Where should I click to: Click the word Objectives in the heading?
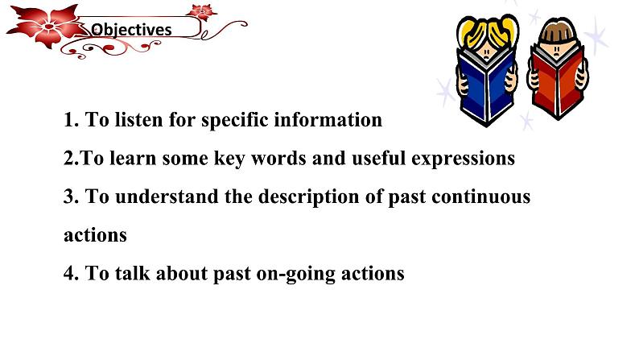pyautogui.click(x=131, y=30)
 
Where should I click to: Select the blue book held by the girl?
pyautogui.click(x=487, y=88)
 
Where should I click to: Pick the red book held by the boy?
pyautogui.click(x=557, y=81)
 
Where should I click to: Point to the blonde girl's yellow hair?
pyautogui.click(x=488, y=31)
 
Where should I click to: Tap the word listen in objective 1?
pyautogui.click(x=138, y=120)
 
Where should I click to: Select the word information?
pyautogui.click(x=328, y=120)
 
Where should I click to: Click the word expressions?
pyautogui.click(x=463, y=159)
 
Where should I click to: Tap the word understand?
pyautogui.click(x=167, y=197)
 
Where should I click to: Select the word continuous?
pyautogui.click(x=481, y=197)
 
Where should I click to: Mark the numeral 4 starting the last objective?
pyautogui.click(x=69, y=273)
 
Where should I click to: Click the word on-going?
pyautogui.click(x=295, y=274)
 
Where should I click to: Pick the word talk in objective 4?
pyautogui.click(x=133, y=273)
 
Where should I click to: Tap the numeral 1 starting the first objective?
pyautogui.click(x=69, y=120)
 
